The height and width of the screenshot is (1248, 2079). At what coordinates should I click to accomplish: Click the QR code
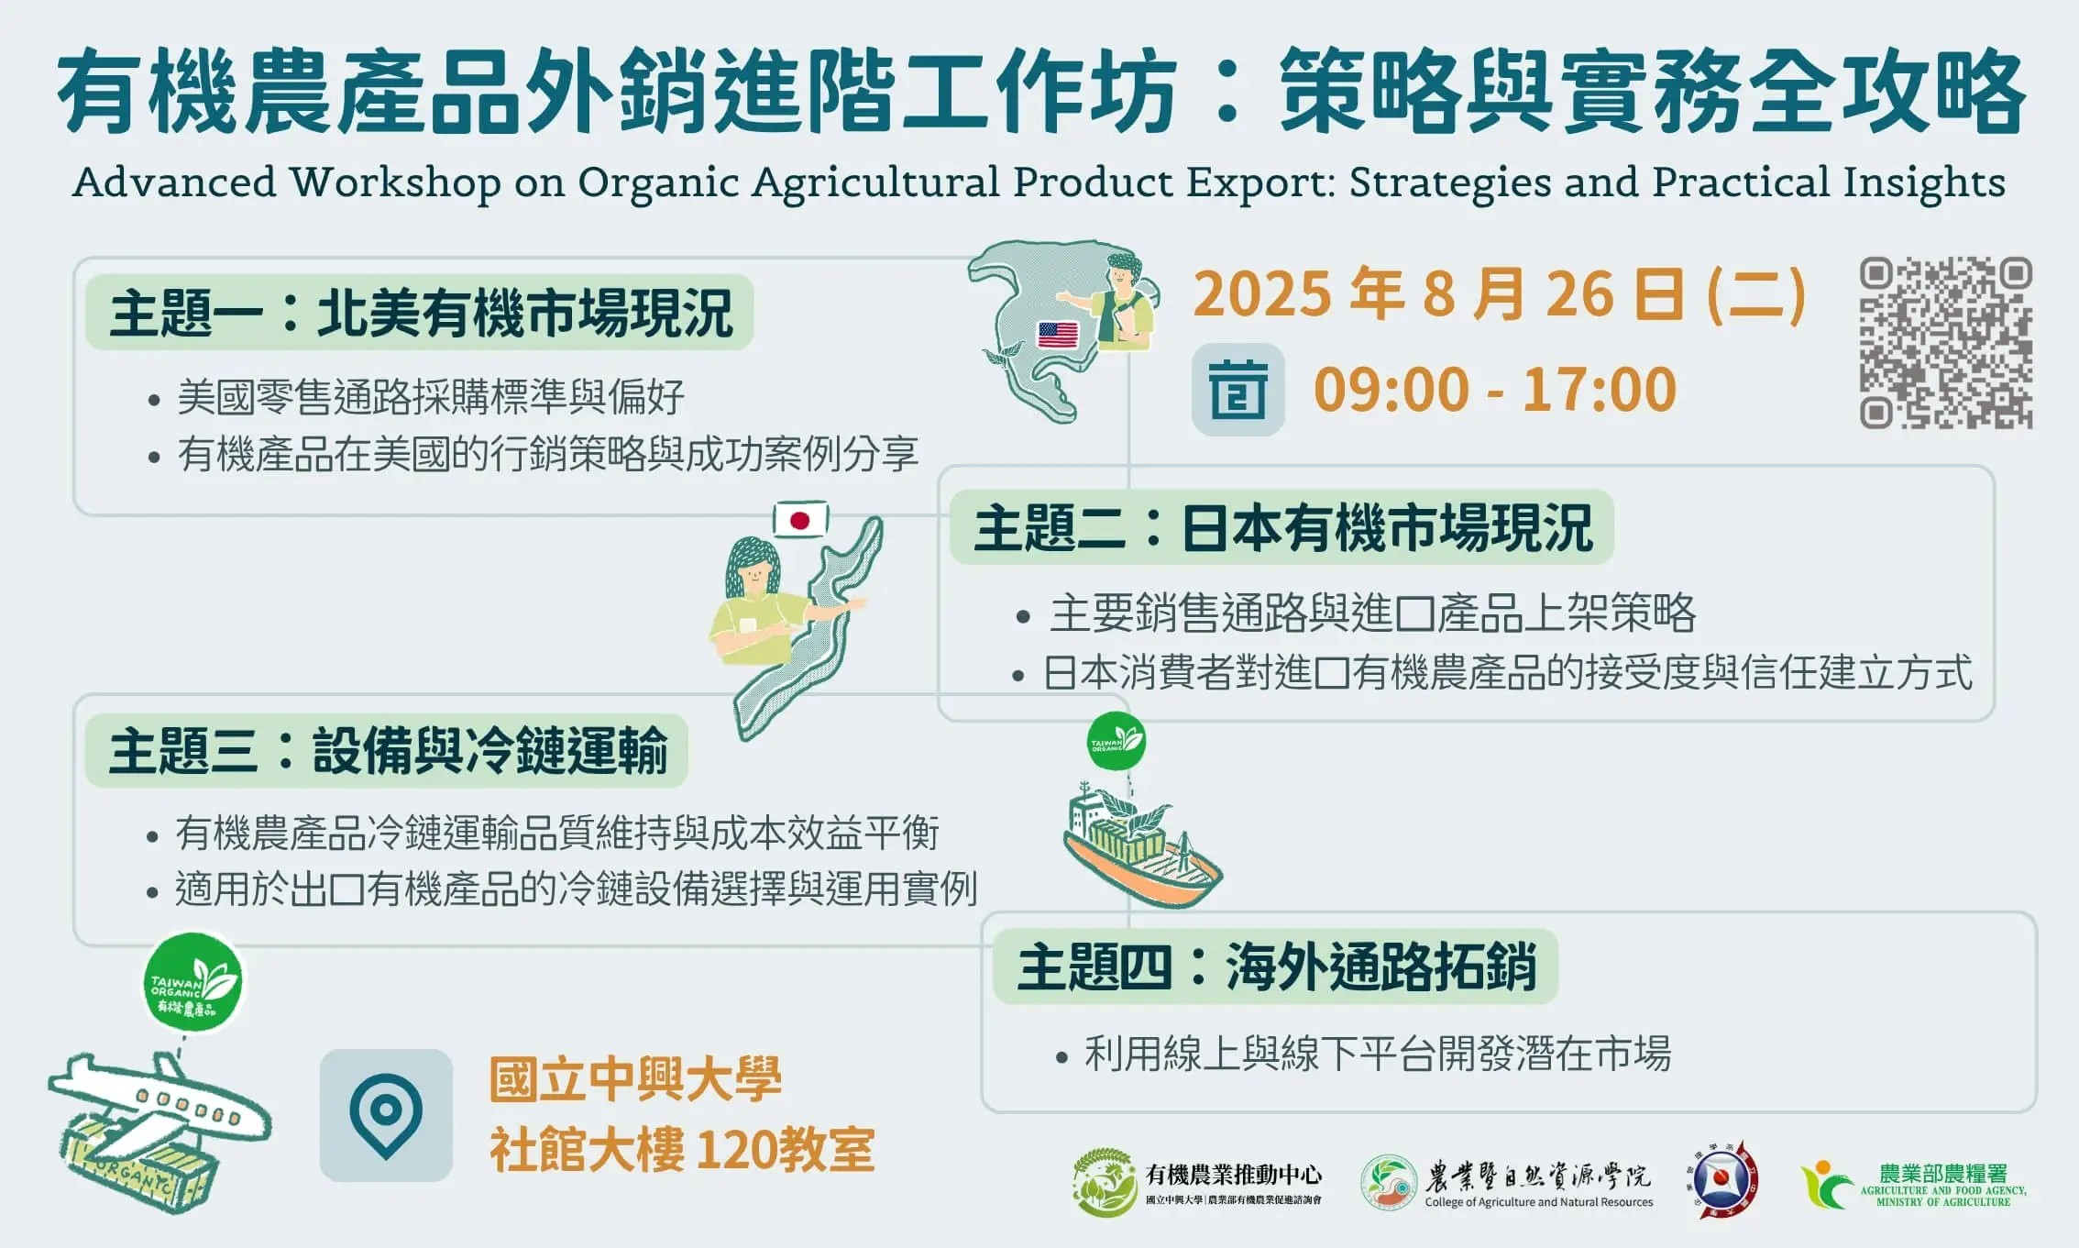1945,342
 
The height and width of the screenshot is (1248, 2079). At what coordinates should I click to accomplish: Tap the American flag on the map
1058,335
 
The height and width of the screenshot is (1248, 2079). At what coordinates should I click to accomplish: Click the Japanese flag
800,520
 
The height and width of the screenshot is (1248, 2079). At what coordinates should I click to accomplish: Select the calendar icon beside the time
1237,390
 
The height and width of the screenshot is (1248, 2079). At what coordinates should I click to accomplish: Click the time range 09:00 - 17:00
1495,390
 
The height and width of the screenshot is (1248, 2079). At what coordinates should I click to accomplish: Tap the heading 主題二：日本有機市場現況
1282,528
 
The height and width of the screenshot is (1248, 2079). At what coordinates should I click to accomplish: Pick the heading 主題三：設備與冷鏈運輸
388,751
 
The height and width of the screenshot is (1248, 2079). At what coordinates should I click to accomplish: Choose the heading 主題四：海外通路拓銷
1276,967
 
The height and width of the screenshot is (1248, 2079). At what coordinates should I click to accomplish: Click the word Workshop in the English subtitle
396,182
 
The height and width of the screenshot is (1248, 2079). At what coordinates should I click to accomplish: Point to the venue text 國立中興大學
635,1079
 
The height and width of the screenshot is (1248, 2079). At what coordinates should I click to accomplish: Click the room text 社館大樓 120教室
682,1150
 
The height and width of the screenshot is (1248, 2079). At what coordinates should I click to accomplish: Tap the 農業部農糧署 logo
1913,1185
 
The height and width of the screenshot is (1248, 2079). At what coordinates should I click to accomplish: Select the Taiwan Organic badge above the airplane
193,982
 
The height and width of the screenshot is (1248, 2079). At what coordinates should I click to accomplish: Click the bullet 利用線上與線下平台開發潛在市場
1378,1055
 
